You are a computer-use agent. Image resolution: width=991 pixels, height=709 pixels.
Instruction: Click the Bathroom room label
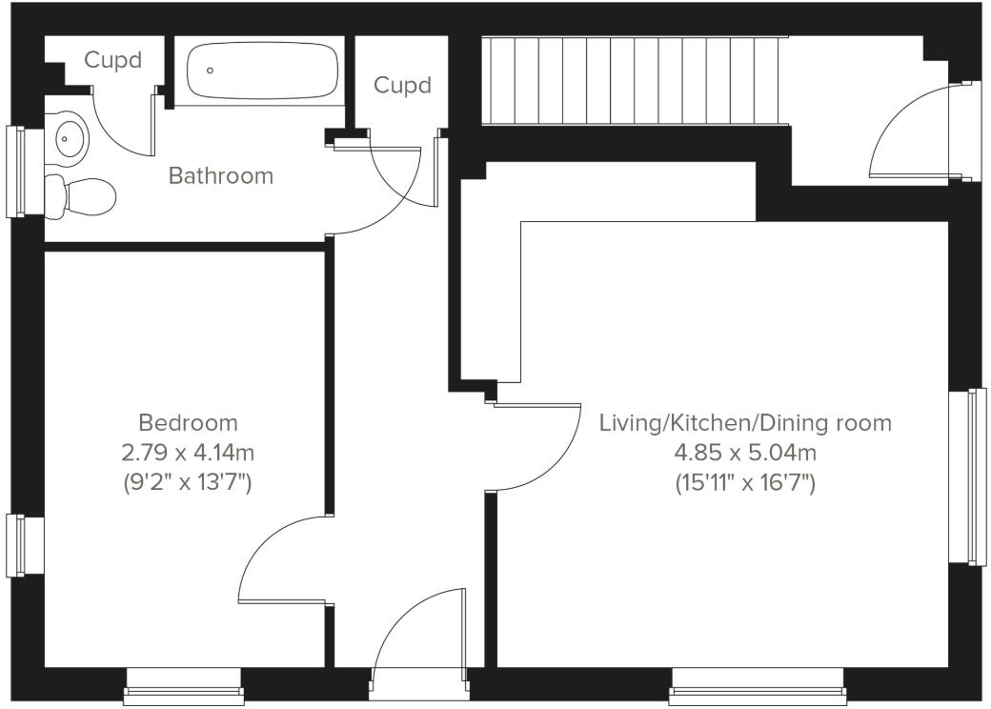220,175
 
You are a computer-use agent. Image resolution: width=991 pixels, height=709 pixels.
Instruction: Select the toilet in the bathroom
81,195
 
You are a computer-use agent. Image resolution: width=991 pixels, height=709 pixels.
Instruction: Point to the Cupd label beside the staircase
402,86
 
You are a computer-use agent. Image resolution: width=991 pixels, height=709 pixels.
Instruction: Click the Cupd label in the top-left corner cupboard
112,61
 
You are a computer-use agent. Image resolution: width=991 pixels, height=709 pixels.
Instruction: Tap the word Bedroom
188,422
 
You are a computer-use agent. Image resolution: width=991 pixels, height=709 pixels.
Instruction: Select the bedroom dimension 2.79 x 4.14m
188,452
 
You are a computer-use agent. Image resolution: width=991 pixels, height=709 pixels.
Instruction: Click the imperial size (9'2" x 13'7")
188,482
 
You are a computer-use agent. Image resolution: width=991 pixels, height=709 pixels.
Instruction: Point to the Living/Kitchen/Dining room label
745,422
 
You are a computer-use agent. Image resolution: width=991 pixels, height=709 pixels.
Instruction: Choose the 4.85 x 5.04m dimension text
745,452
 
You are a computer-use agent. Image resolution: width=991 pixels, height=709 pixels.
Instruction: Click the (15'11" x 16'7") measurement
745,482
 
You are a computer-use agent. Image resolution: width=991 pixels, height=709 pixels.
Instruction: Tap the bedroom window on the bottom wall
183,687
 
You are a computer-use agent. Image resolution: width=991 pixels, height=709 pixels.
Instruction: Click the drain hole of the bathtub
210,70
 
